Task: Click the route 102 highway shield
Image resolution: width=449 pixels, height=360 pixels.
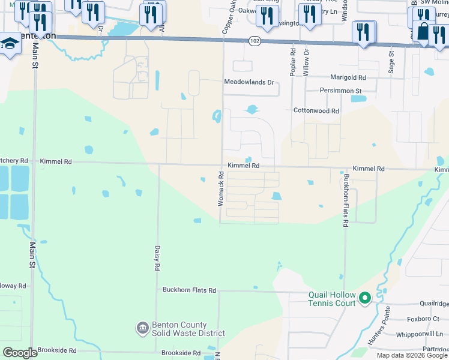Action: pyautogui.click(x=254, y=41)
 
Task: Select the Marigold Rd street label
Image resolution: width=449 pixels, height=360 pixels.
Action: pyautogui.click(x=348, y=78)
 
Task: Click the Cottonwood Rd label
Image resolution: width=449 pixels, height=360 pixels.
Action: pyautogui.click(x=316, y=111)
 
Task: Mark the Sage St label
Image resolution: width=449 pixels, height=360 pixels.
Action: pyautogui.click(x=391, y=61)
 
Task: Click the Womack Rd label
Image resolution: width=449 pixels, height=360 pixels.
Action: pyautogui.click(x=220, y=190)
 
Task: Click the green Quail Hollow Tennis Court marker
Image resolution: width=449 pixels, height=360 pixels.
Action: pyautogui.click(x=364, y=298)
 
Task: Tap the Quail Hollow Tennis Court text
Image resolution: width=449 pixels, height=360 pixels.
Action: pyautogui.click(x=332, y=299)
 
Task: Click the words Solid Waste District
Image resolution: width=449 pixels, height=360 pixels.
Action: pyautogui.click(x=188, y=333)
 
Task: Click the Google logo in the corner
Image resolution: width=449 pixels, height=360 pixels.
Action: pyautogui.click(x=20, y=353)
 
